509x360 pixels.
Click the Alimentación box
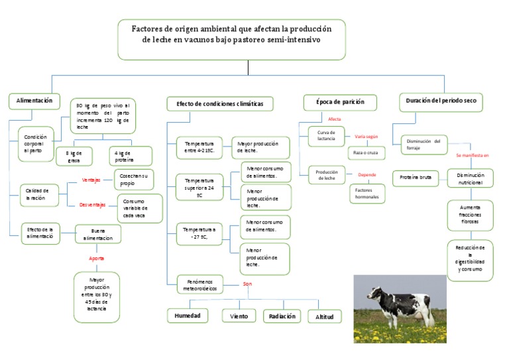click(34, 101)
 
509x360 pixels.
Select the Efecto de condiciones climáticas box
click(219, 103)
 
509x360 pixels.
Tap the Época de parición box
click(340, 102)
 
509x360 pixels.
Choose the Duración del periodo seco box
click(441, 101)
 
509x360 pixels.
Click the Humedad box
click(188, 316)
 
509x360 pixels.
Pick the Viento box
click(239, 316)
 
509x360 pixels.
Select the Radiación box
click(282, 316)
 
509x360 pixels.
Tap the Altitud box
click(325, 317)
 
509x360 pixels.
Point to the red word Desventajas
click(93, 205)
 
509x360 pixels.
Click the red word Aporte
click(97, 257)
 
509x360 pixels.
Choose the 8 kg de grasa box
click(74, 156)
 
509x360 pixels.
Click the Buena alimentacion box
click(97, 234)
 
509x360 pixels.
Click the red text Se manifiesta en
click(472, 155)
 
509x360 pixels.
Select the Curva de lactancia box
click(326, 135)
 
